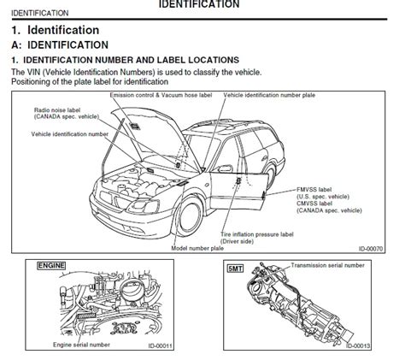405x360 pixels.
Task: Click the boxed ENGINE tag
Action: (x=51, y=266)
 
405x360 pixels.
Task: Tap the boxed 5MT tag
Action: (x=236, y=269)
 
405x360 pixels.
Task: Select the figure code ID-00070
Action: (x=371, y=249)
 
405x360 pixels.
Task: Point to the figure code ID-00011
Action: (x=161, y=346)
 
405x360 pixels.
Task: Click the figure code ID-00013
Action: (x=358, y=346)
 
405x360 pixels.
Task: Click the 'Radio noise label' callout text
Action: (x=57, y=110)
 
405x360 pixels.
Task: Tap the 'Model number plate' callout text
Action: (x=197, y=248)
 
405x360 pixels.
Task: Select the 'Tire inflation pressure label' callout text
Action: (x=257, y=234)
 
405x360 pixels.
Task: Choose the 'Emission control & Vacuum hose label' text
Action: (x=161, y=95)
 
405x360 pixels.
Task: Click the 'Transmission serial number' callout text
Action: (x=327, y=265)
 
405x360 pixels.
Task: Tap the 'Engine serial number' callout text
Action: (x=81, y=345)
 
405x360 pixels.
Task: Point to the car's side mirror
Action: (x=225, y=168)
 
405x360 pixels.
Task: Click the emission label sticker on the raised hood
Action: (x=135, y=126)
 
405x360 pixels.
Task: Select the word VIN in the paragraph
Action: (x=34, y=73)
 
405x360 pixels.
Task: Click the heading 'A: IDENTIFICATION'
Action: (x=60, y=45)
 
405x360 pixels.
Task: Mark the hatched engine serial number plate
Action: (x=86, y=316)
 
